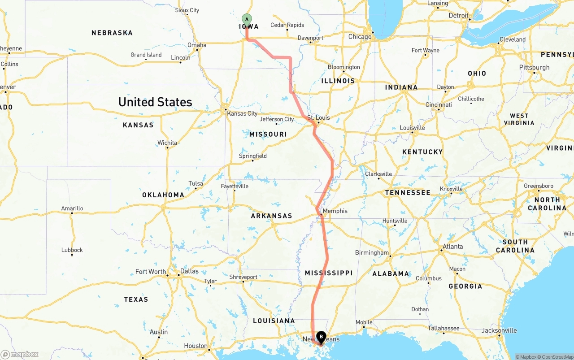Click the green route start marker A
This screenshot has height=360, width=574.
tap(247, 19)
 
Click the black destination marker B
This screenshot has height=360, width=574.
tap(321, 336)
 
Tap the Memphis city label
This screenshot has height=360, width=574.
tap(335, 211)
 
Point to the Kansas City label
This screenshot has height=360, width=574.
tap(242, 113)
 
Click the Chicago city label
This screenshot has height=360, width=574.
tap(360, 37)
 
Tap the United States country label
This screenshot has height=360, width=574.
tap(155, 102)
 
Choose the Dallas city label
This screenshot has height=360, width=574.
tap(189, 271)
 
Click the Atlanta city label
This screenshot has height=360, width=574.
tap(453, 247)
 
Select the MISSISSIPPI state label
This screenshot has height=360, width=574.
tap(329, 273)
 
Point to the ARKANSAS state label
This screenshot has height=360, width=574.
tap(271, 216)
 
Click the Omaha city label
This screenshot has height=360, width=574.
tap(197, 45)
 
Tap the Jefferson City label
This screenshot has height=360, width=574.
tap(277, 119)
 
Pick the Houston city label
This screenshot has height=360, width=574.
tap(196, 346)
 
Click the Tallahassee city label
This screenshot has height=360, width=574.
tap(443, 328)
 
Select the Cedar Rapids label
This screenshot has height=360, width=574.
tap(287, 25)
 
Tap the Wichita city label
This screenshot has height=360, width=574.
tap(167, 143)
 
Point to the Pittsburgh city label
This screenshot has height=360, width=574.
tap(535, 68)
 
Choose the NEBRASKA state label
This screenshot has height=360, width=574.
tap(112, 33)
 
